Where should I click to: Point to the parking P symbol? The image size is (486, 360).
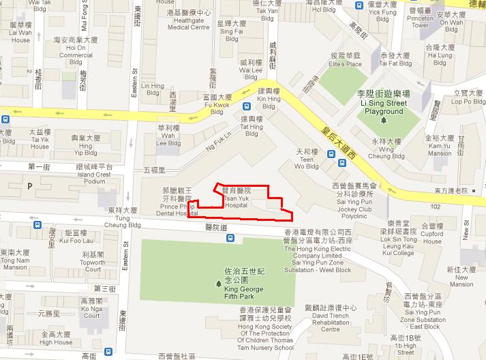[29, 185]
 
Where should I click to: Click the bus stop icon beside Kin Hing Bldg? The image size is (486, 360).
[246, 106]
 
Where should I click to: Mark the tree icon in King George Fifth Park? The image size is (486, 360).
[218, 284]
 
